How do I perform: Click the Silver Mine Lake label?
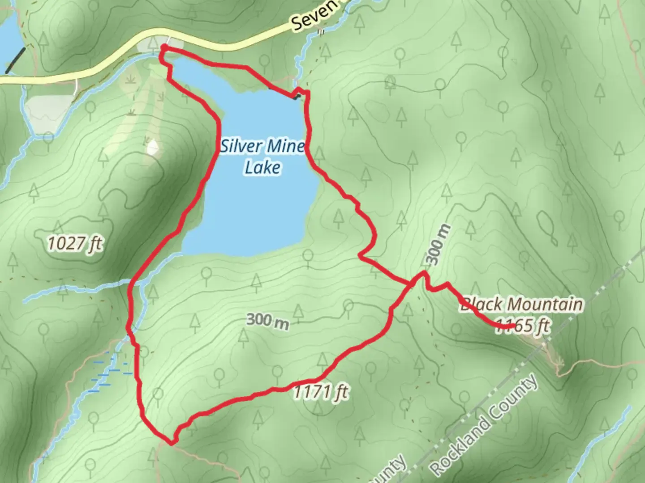[x=263, y=156]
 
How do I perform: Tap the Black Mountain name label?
[x=522, y=305]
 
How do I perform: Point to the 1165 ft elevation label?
[x=522, y=326]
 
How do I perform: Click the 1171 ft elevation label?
[x=321, y=393]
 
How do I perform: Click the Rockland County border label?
[x=484, y=425]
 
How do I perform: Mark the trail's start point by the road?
[x=163, y=47]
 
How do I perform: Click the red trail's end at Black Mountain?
[x=513, y=326]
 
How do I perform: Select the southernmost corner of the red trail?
[x=172, y=443]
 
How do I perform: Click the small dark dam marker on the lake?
[x=295, y=97]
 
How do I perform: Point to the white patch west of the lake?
[x=153, y=147]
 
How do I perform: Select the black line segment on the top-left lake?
[x=14, y=60]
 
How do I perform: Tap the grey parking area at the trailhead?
[x=159, y=44]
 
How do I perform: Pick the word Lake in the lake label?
[x=263, y=167]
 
